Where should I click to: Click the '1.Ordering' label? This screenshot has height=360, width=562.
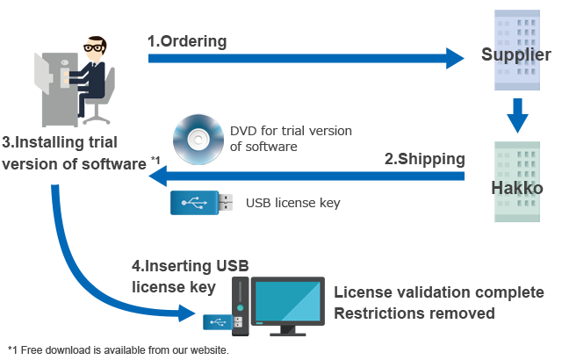click(x=186, y=40)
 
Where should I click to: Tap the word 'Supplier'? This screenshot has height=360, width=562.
click(x=516, y=54)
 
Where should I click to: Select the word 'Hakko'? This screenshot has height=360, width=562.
click(x=516, y=188)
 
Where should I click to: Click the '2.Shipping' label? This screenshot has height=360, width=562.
click(x=424, y=159)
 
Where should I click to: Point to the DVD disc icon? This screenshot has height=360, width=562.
click(x=195, y=139)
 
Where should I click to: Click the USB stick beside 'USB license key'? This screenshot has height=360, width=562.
click(x=201, y=203)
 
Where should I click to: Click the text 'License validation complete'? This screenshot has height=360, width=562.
click(x=439, y=292)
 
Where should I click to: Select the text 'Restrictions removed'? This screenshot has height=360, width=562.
click(x=414, y=313)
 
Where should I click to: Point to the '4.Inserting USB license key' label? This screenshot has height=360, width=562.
click(x=190, y=276)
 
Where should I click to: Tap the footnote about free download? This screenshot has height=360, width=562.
click(x=119, y=349)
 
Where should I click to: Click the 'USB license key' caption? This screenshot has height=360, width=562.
click(x=292, y=203)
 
